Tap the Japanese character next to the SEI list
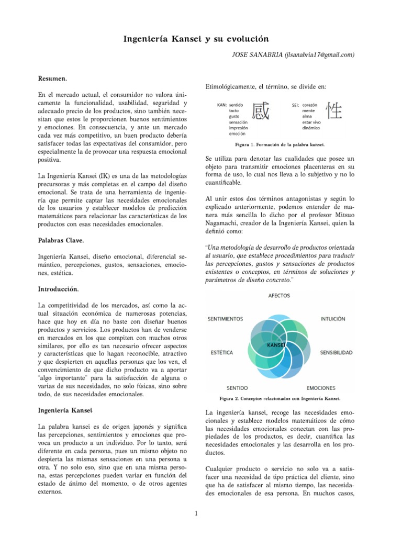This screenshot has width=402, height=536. click(335, 111)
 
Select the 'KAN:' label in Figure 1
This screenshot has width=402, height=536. click(221, 105)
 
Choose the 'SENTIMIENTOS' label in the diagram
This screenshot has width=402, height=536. click(226, 318)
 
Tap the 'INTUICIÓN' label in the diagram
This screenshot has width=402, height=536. click(332, 318)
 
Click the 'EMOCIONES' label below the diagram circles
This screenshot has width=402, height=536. click(321, 388)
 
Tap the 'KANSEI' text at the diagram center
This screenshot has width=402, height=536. click(275, 346)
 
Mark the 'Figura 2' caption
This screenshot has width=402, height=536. click(281, 398)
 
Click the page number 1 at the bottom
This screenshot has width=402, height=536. click(195, 512)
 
